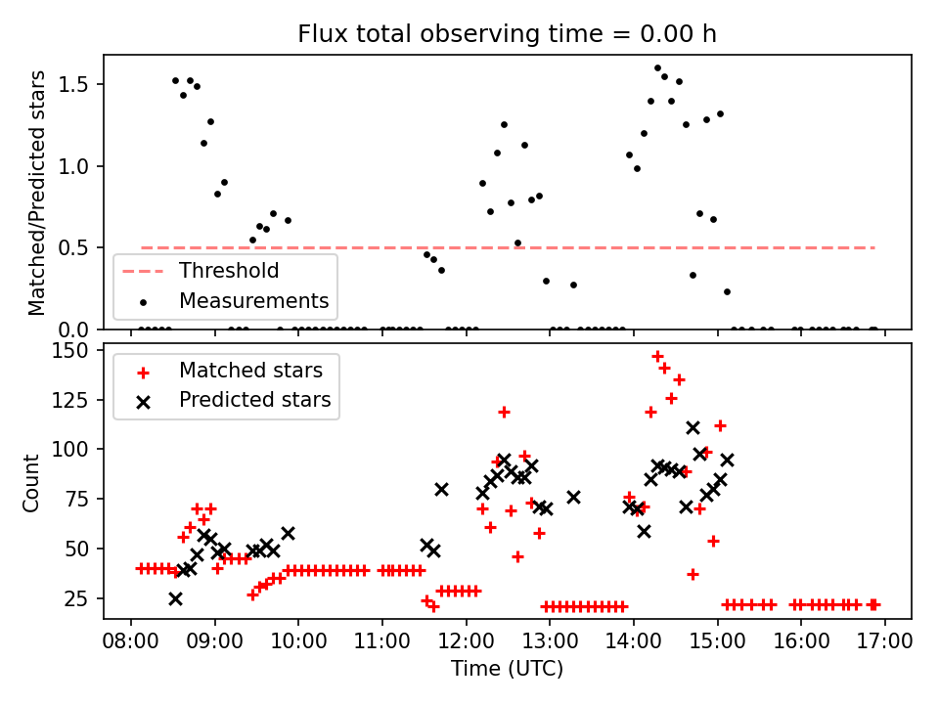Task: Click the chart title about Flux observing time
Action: coord(508,34)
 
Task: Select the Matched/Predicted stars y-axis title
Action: coord(37,193)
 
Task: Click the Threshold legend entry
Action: coord(228,271)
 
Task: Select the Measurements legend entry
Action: coord(252,299)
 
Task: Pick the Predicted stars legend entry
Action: coord(254,400)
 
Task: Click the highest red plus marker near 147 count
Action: coord(657,356)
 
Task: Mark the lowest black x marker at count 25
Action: coord(175,598)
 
